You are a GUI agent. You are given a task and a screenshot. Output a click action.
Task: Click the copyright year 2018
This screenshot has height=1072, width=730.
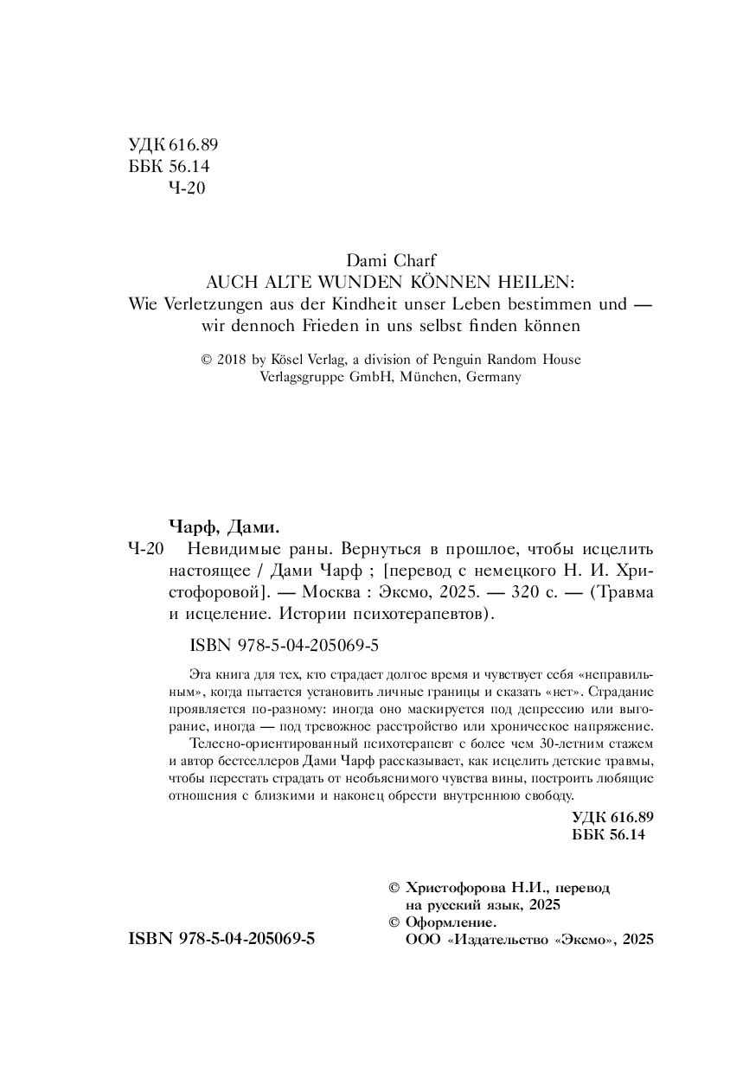click(233, 359)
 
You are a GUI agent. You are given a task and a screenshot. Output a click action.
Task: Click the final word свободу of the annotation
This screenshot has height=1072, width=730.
click(547, 794)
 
